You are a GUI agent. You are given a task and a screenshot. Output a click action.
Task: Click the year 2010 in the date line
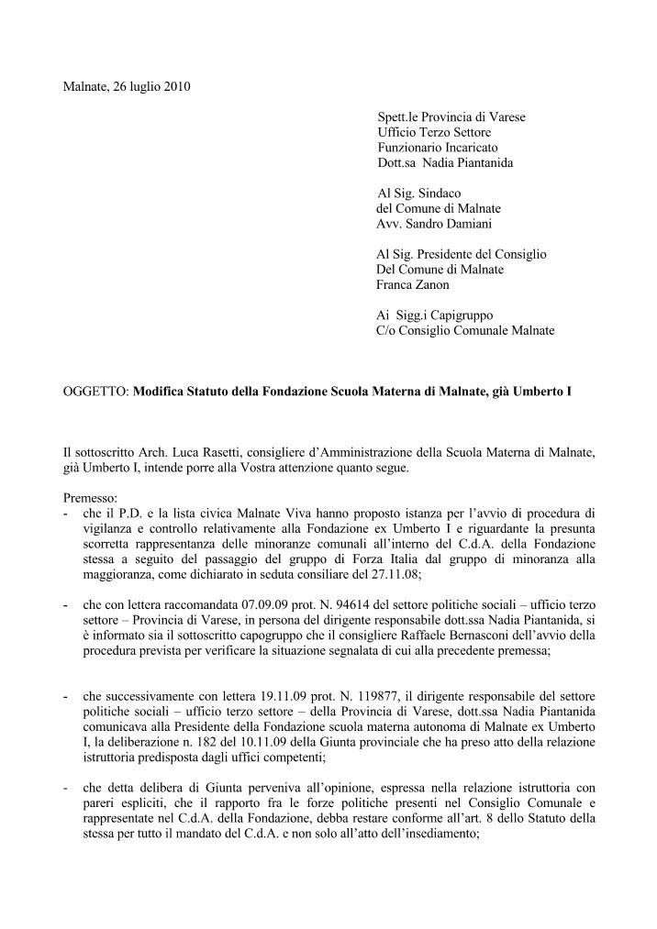click(176, 87)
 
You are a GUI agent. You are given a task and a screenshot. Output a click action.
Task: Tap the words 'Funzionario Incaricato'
click(438, 148)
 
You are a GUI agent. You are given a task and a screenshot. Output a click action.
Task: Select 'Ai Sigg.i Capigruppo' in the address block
click(431, 315)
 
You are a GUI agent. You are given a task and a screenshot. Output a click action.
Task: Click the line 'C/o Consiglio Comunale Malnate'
click(465, 330)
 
